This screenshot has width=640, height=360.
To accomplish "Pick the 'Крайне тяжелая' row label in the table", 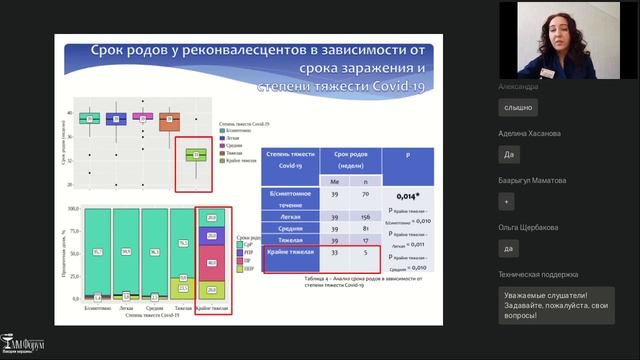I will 289,253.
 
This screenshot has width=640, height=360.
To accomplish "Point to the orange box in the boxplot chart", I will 169,121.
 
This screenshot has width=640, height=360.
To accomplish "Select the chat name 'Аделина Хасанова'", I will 530,133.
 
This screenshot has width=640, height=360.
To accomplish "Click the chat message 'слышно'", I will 519,107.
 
